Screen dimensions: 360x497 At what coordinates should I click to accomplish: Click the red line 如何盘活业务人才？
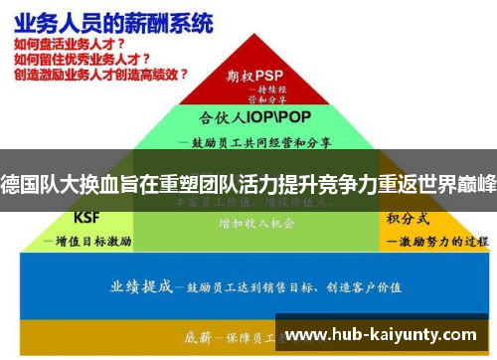70,46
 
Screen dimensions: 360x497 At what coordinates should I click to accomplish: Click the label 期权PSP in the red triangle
255,75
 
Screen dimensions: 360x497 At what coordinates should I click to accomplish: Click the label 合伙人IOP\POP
253,116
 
